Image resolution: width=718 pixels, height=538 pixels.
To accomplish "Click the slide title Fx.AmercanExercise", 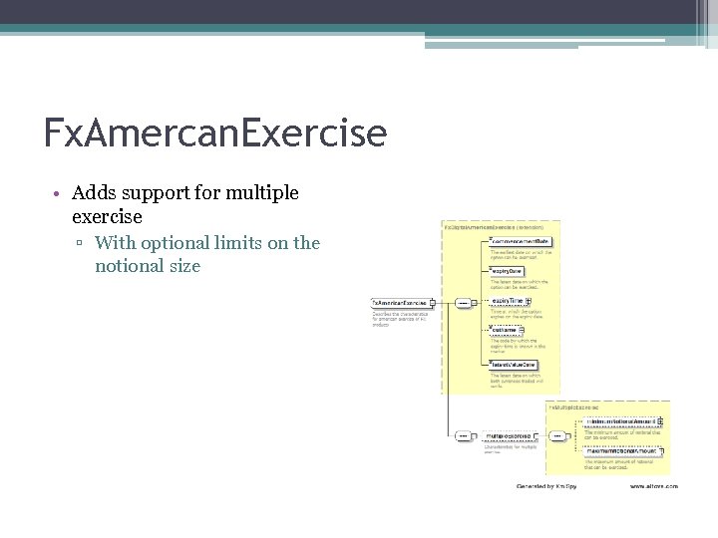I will (x=214, y=132).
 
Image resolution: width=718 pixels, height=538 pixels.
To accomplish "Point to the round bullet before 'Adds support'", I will (x=61, y=193).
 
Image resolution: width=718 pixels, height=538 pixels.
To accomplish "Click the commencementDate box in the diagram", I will (x=520, y=241).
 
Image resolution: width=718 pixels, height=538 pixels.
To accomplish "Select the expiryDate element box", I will (x=507, y=271).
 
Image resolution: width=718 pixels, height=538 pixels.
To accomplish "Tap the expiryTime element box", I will (x=509, y=301).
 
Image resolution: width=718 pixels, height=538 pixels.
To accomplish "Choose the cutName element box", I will (x=504, y=330).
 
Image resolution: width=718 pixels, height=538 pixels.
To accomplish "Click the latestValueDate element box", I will (x=514, y=364).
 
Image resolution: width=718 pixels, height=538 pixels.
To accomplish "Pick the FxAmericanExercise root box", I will (x=400, y=303).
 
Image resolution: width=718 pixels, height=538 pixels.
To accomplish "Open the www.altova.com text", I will (x=653, y=486).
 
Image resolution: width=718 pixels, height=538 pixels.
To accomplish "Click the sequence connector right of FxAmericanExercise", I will (x=464, y=303).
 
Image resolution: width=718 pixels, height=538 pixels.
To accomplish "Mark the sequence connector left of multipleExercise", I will (x=464, y=435).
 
